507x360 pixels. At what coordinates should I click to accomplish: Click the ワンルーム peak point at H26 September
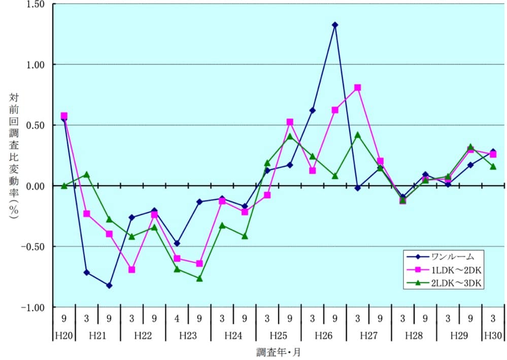(x=335, y=25)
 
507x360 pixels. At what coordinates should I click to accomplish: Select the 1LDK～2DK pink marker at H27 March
(x=358, y=88)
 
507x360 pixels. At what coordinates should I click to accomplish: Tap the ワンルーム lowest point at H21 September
(x=109, y=285)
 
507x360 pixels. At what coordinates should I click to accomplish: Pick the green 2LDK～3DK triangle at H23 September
(x=199, y=278)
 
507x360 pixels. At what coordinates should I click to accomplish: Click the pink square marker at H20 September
(x=64, y=116)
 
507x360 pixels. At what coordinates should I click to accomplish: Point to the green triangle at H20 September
(x=64, y=185)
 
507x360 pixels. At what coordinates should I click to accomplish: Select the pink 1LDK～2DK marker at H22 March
(x=132, y=270)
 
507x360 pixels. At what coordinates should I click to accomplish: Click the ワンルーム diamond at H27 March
(x=358, y=188)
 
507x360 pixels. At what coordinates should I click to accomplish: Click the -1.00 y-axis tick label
(x=33, y=308)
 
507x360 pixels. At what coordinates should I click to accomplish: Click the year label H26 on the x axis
(x=323, y=336)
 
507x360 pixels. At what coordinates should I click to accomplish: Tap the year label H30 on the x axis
(x=493, y=336)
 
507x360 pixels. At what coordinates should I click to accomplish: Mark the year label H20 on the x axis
(x=64, y=336)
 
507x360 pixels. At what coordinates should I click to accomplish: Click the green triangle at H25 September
(x=290, y=136)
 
